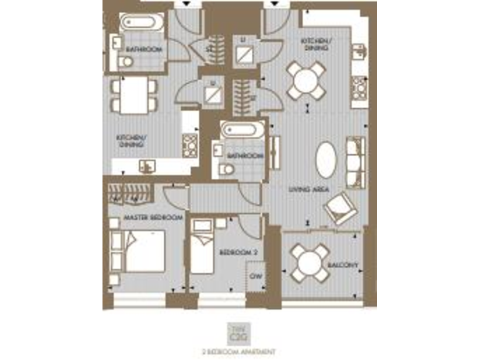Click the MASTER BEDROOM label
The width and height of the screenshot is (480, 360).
coord(153,217)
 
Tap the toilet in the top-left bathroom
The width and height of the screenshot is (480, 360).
coord(126,61)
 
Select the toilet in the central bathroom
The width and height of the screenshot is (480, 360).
coord(227,169)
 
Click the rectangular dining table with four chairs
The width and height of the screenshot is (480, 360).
coord(134,95)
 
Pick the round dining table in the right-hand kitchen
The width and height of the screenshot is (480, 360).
coord(306,80)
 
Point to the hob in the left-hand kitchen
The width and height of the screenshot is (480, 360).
coord(189,146)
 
